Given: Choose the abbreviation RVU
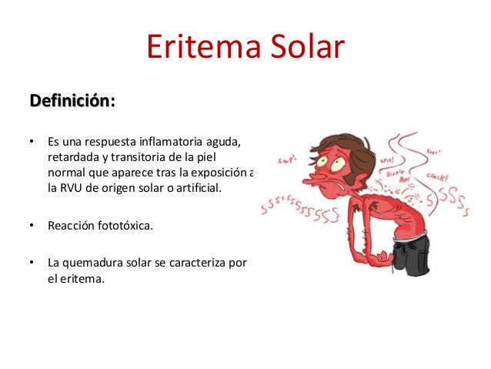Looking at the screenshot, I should point(77,186).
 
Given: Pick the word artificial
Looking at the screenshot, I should point(192,186).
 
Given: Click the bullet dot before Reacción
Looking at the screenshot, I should point(32,226).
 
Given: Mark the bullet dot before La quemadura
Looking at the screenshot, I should point(32,263).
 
